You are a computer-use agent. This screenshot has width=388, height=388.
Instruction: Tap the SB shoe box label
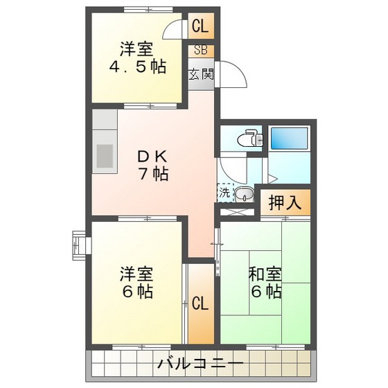(201, 51)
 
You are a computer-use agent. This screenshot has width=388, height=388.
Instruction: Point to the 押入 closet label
(284, 203)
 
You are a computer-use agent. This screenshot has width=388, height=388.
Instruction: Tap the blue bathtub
(291, 136)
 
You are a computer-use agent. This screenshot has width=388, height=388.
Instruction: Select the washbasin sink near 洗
(243, 193)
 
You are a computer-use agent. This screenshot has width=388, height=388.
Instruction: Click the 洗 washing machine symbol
(224, 193)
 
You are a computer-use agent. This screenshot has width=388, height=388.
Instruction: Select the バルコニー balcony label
(200, 363)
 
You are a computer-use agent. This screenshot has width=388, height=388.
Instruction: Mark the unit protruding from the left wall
(76, 245)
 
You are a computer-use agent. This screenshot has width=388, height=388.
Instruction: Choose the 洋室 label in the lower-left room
(136, 272)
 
